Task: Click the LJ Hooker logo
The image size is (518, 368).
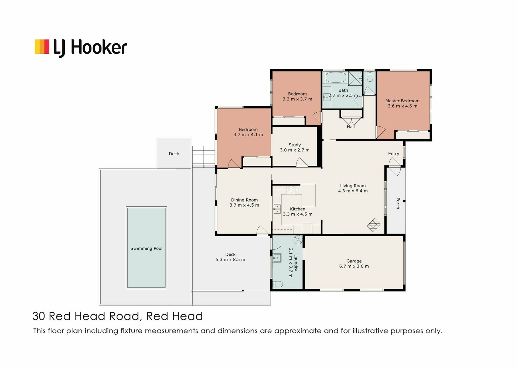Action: click(81, 48)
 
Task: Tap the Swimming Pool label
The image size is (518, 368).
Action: click(146, 248)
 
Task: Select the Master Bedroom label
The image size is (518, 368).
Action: click(402, 101)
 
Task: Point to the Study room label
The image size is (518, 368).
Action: click(295, 145)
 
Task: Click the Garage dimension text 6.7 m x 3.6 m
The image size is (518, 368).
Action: click(354, 266)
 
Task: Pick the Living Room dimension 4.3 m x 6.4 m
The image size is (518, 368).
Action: click(353, 191)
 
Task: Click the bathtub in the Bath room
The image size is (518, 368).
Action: click(336, 77)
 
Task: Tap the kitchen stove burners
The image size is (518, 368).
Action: click(291, 190)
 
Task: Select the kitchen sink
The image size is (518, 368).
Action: click(277, 209)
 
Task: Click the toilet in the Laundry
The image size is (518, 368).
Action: click(278, 284)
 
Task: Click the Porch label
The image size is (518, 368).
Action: click(398, 203)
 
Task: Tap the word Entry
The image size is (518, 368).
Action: click(394, 154)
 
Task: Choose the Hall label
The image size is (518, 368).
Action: click(351, 127)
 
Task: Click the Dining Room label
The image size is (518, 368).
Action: click(244, 200)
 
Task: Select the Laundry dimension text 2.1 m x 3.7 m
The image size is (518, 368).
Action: click(291, 263)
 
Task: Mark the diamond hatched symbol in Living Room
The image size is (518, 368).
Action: click(374, 225)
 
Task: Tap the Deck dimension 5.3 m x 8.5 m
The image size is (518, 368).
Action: click(230, 260)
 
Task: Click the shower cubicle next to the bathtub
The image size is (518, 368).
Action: click(355, 78)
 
